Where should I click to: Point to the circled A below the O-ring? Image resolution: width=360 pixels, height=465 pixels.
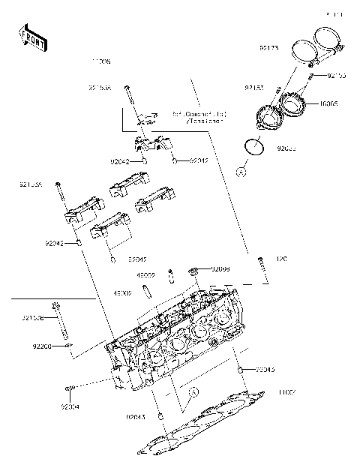[x=241, y=172]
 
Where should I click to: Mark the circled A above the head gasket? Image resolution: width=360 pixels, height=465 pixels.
[x=192, y=392]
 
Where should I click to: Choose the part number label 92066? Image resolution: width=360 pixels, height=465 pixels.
[x=220, y=268]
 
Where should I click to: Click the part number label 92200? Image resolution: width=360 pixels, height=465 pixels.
[x=42, y=346]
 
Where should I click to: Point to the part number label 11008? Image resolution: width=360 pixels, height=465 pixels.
[x=100, y=60]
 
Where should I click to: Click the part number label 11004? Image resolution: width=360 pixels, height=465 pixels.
[x=288, y=392]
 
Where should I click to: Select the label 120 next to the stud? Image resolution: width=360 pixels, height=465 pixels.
[x=282, y=259]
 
